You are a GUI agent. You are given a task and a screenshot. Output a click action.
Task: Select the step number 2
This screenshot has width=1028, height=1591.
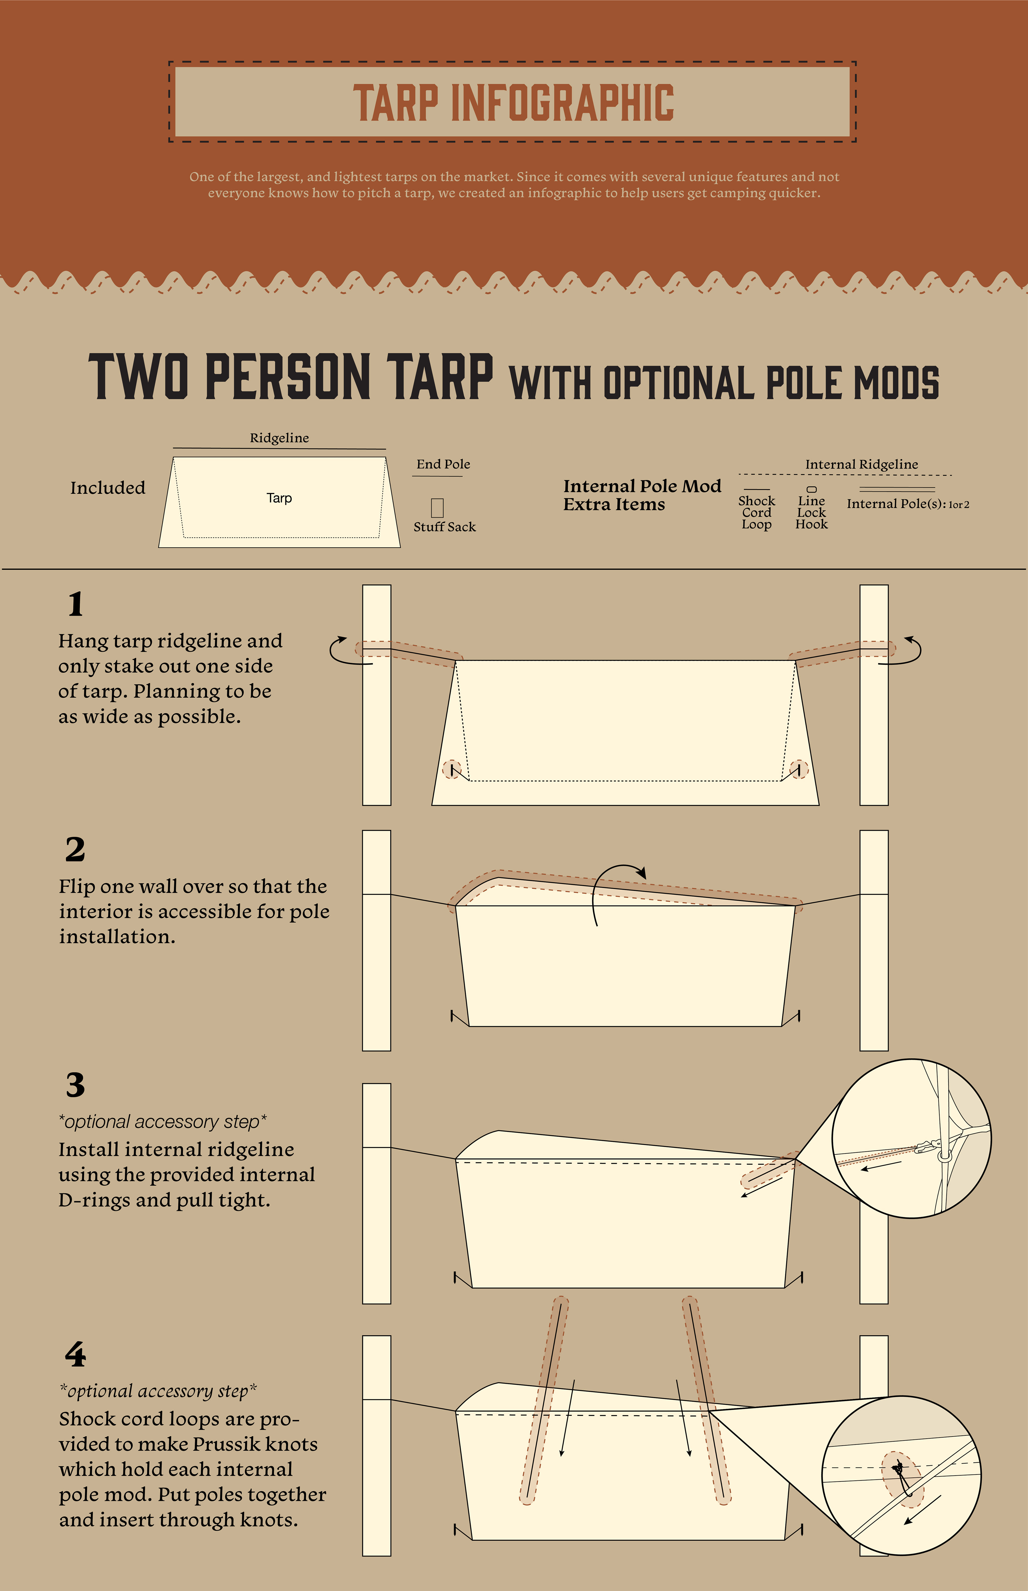75,849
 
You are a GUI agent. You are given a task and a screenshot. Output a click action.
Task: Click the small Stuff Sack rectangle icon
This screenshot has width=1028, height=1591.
437,507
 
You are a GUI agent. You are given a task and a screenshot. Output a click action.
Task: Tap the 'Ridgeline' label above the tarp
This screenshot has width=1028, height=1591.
279,438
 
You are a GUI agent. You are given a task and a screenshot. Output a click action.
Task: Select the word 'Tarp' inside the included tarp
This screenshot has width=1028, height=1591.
279,498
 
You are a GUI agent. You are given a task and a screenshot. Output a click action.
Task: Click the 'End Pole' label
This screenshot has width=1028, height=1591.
443,464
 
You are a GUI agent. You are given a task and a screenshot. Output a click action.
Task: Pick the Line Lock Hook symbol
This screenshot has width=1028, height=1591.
812,489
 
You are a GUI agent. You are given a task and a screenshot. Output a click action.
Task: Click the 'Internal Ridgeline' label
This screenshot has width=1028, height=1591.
862,464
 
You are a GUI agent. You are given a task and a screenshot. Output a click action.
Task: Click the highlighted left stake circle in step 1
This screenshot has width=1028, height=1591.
452,769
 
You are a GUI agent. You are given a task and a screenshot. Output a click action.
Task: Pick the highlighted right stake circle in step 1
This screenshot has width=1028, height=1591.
799,769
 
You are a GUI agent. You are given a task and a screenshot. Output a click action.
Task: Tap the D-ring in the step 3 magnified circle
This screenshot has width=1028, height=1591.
944,1155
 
